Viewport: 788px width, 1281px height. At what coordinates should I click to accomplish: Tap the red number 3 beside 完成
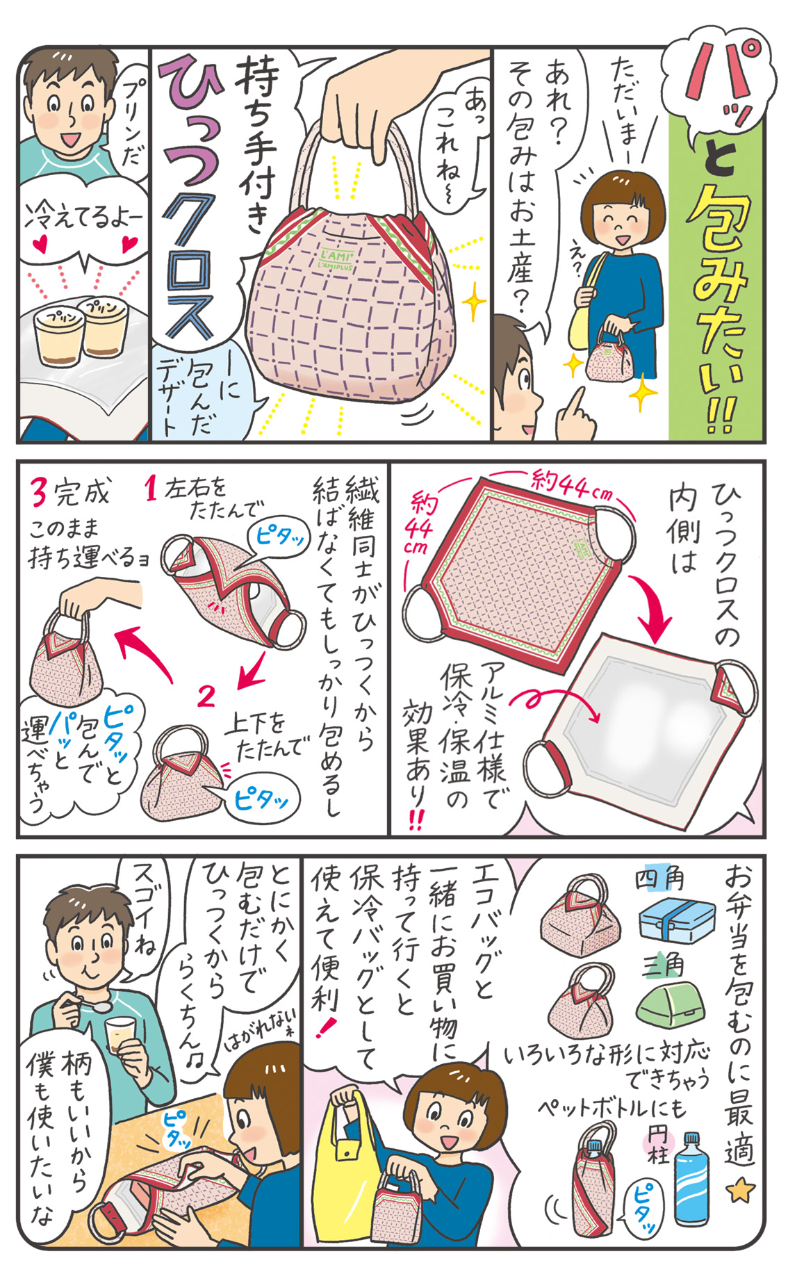(39, 493)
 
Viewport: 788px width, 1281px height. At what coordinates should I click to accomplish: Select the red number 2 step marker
(206, 696)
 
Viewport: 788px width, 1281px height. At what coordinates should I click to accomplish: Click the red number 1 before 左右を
(153, 491)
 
